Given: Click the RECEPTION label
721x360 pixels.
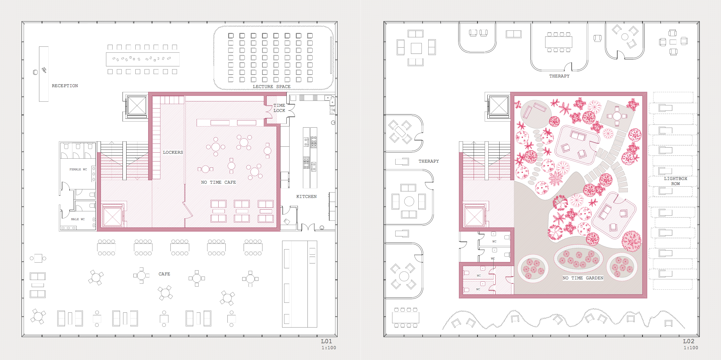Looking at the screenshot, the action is coord(65,86).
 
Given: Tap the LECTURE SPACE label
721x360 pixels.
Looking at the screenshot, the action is coord(272,87).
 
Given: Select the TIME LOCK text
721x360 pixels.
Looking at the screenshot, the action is coord(279,108).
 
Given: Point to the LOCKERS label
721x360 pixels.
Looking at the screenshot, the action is coord(173,152).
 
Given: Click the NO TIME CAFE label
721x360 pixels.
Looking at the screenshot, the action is coord(219,182).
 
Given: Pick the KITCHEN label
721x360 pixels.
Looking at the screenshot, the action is coord(306,197).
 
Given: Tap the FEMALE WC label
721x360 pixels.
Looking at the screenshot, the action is coord(78,169).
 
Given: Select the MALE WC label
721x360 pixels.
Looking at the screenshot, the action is coord(78,219).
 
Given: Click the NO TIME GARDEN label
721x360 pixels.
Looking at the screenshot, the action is coord(583,278).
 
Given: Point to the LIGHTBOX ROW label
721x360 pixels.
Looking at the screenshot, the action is coord(675,181).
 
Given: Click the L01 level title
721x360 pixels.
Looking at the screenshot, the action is coord(327,341).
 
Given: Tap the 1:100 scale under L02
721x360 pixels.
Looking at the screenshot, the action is coord(691,348).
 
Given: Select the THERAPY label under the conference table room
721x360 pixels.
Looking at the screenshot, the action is coord(559,76).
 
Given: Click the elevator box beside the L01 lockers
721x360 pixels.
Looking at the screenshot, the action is coord(137,106).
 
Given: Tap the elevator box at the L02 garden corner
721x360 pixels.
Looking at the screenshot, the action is coord(499,106).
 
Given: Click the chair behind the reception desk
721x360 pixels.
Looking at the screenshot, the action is coord(35,72).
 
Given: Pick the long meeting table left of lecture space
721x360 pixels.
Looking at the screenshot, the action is coord(143,59).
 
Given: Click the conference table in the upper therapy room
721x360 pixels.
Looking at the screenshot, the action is coord(559,42).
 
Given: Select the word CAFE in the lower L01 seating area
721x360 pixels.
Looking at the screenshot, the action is coord(164,274).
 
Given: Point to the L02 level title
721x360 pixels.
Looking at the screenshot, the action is coord(689,341).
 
